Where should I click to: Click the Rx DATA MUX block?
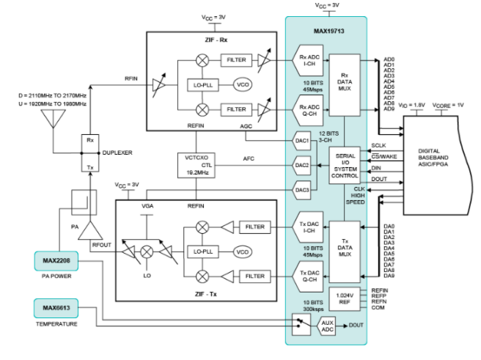pos(344,83)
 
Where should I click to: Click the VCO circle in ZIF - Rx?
pos(243,84)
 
